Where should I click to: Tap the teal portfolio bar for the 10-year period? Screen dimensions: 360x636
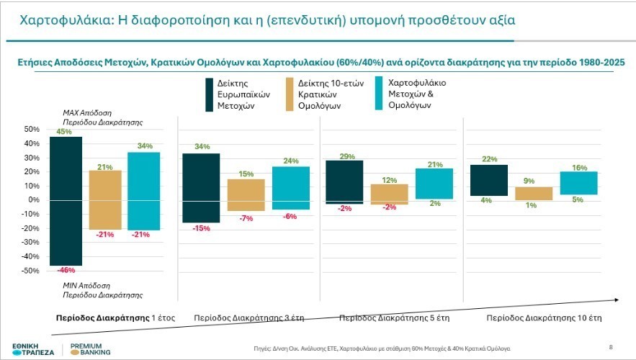point(578,183)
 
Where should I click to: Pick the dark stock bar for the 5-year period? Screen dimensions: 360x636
point(344,182)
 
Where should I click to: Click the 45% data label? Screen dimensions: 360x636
point(64,132)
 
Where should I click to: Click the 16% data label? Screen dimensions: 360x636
point(579,167)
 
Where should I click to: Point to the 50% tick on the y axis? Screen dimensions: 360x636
point(32,129)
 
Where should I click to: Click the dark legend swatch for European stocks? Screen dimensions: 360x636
point(210,95)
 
